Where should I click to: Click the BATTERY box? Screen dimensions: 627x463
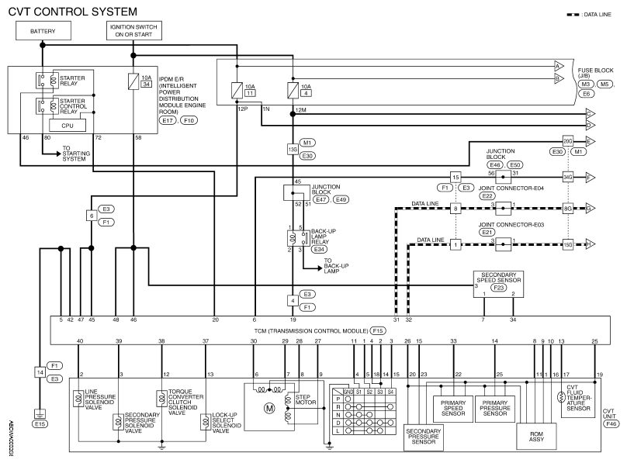(x=43, y=31)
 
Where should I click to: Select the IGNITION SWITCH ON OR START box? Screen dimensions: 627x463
(x=134, y=31)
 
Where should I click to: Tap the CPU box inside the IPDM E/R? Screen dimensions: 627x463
(x=68, y=126)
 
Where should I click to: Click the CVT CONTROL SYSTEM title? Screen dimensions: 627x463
(x=72, y=12)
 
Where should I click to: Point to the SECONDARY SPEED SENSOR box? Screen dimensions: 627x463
(x=498, y=284)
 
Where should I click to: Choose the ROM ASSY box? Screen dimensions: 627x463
(x=536, y=436)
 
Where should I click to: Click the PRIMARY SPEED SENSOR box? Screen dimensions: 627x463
(x=453, y=409)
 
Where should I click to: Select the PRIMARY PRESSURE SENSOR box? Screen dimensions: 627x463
(x=494, y=409)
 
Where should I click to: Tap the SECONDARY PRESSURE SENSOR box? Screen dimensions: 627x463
(x=424, y=437)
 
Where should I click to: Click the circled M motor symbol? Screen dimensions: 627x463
(x=269, y=408)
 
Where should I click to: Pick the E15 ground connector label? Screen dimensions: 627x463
(x=40, y=424)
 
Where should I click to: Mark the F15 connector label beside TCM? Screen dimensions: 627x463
(x=377, y=331)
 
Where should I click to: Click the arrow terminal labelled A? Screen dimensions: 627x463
(x=559, y=66)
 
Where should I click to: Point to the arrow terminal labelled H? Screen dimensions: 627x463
(x=591, y=244)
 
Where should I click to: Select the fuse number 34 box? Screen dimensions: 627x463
(x=147, y=85)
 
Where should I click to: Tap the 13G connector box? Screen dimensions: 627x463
(x=293, y=150)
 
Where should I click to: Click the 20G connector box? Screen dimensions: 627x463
(x=568, y=141)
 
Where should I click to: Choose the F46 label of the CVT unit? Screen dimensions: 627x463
(x=611, y=424)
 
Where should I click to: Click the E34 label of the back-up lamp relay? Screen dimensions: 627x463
(x=319, y=249)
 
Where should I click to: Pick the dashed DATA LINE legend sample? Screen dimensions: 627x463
(x=573, y=15)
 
